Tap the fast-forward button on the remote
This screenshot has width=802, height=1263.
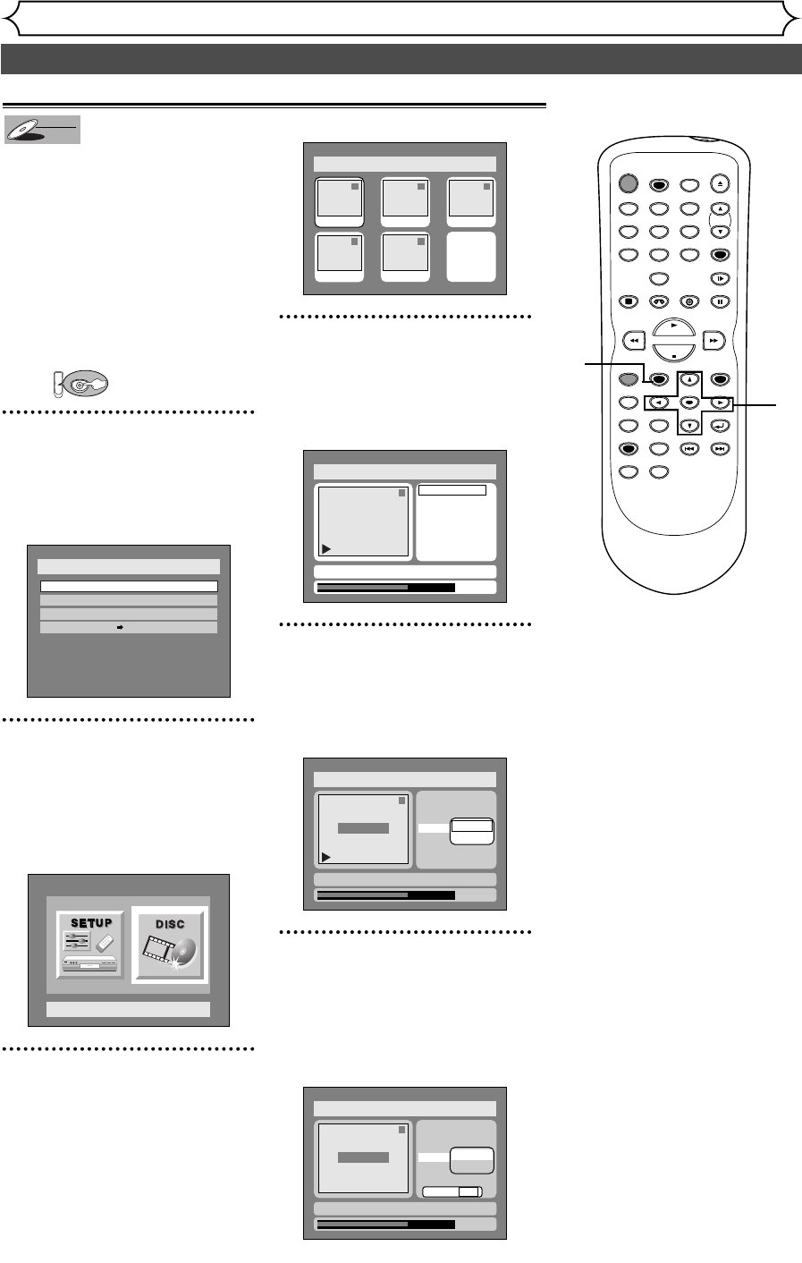(x=713, y=340)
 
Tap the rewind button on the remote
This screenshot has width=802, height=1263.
(x=633, y=340)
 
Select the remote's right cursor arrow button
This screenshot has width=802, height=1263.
(x=720, y=403)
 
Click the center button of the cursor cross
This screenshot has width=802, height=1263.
(x=688, y=403)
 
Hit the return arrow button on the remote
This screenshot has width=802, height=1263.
(x=720, y=426)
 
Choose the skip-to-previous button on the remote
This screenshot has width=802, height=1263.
(x=688, y=449)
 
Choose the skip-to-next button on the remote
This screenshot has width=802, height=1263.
(x=720, y=449)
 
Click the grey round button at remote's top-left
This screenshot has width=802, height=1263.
(x=629, y=184)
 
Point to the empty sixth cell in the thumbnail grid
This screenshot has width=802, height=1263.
(x=471, y=258)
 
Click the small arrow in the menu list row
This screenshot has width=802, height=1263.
(x=120, y=628)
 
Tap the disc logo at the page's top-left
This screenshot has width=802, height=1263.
(x=42, y=130)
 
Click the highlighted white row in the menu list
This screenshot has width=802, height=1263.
(x=129, y=586)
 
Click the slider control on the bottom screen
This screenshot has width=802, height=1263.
(x=452, y=1191)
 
